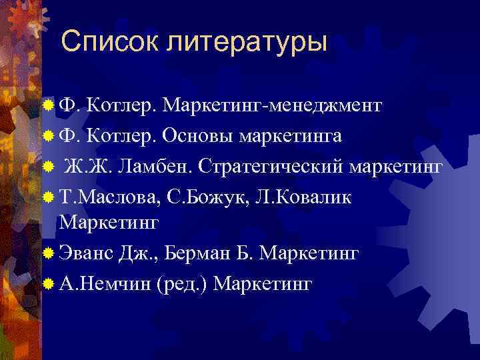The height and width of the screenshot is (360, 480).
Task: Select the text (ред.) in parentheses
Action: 182,284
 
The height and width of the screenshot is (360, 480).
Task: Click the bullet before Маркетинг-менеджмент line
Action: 47,105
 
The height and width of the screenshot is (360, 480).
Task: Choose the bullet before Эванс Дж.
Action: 47,253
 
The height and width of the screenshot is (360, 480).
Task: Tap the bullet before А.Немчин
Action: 47,284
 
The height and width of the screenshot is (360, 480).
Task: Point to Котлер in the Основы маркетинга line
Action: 122,136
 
